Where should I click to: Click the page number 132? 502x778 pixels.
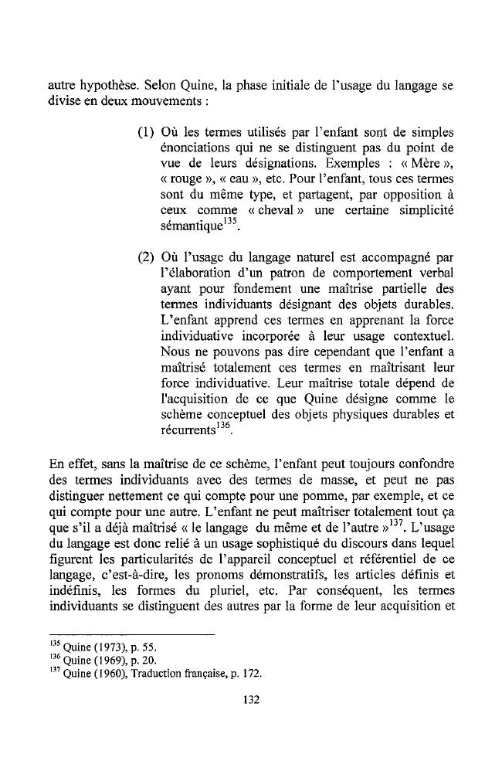tap(250, 701)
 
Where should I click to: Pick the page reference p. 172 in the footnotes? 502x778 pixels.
tap(247, 673)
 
